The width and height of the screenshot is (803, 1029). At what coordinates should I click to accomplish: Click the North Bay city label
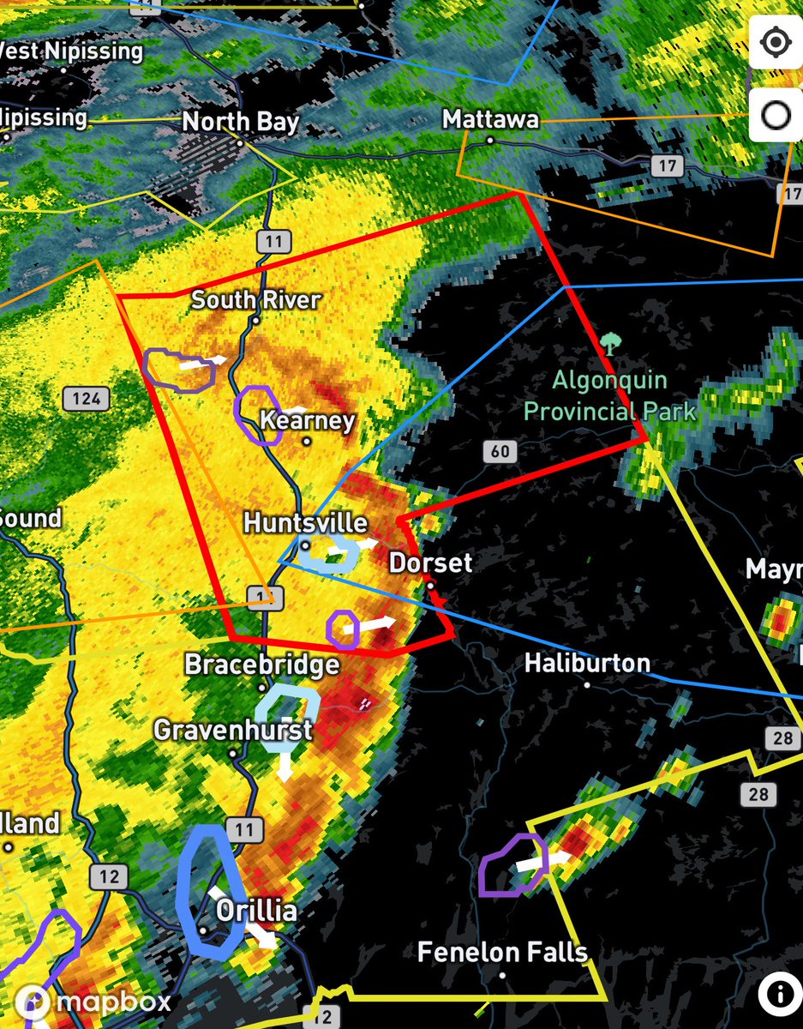pos(240,121)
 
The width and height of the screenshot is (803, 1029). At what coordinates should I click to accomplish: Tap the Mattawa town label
pos(490,119)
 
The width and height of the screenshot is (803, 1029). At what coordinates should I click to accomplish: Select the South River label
pos(255,300)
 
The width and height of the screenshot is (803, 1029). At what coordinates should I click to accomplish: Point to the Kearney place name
pos(307,421)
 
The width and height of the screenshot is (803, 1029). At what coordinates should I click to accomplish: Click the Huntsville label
pos(305,522)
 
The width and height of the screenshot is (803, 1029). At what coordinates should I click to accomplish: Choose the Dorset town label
pos(430,563)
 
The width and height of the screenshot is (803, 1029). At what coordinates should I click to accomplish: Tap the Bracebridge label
pos(261,665)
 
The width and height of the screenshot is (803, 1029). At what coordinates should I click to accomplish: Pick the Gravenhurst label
pos(232,731)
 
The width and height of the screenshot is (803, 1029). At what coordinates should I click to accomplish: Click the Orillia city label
pos(255,911)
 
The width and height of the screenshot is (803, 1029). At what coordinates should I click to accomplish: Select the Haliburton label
pos(587,663)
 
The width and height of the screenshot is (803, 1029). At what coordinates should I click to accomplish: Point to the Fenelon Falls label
pos(502,952)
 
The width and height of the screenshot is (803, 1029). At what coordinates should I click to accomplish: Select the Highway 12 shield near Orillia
pos(109,876)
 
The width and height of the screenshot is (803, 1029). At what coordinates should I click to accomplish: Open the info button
pos(779,995)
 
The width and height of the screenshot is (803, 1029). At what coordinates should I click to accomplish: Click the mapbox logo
pos(86,1002)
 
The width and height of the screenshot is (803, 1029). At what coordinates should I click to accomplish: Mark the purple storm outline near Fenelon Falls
pos(510,864)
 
